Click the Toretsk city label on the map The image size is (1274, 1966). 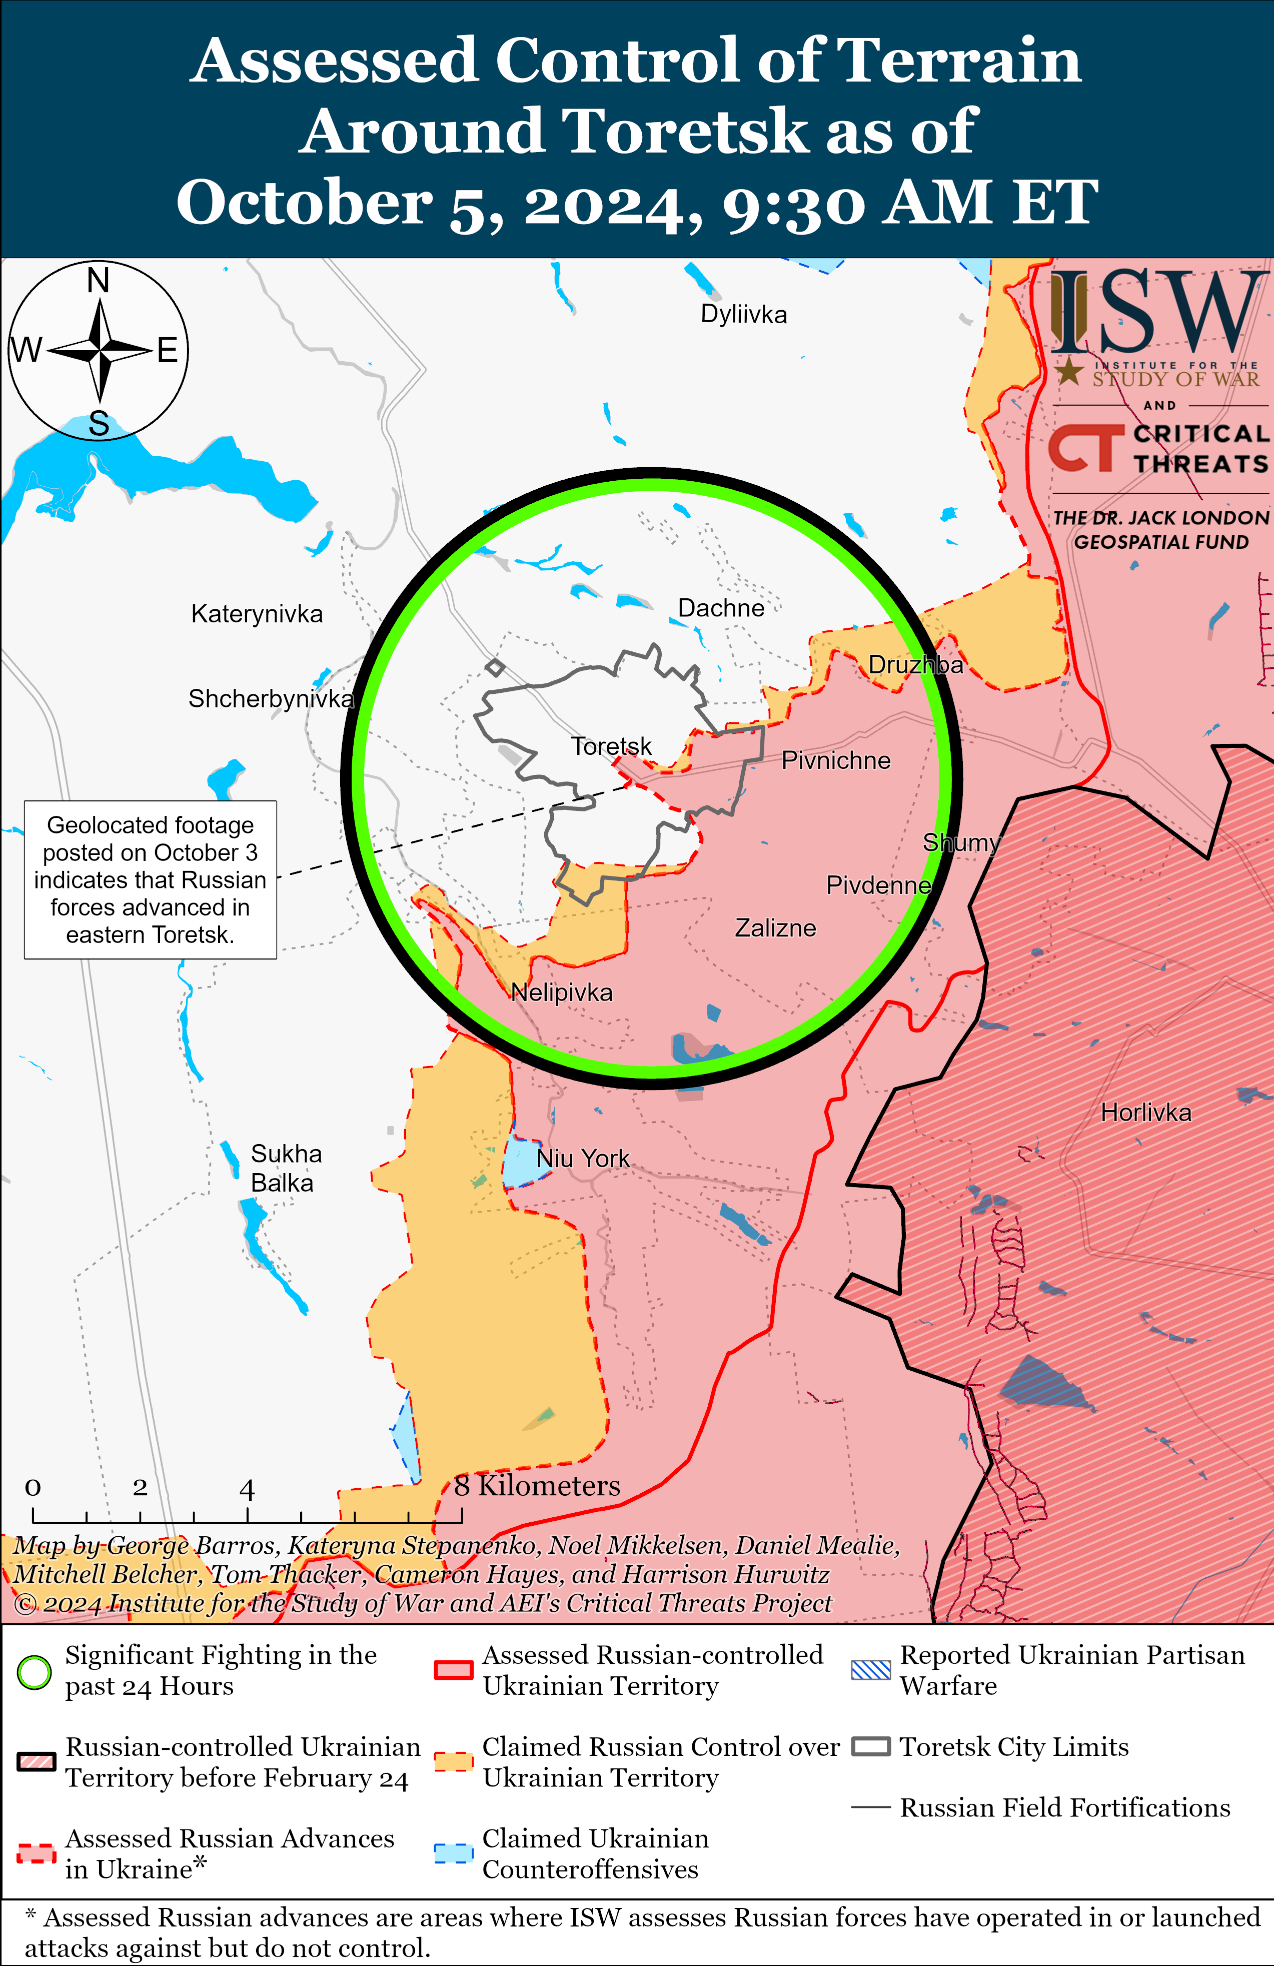click(x=611, y=747)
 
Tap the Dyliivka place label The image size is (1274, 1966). click(x=744, y=315)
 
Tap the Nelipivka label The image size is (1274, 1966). click(x=561, y=992)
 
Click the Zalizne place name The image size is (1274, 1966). click(x=775, y=928)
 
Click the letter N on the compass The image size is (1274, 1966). click(x=99, y=281)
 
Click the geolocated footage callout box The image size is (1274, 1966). click(x=151, y=880)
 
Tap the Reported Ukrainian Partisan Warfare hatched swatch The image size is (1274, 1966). click(x=871, y=1670)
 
